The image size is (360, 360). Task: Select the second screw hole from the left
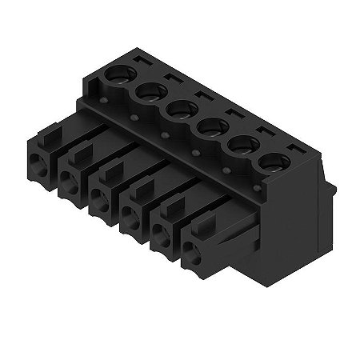click(148, 94)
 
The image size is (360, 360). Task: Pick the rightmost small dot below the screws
click(226, 170)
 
